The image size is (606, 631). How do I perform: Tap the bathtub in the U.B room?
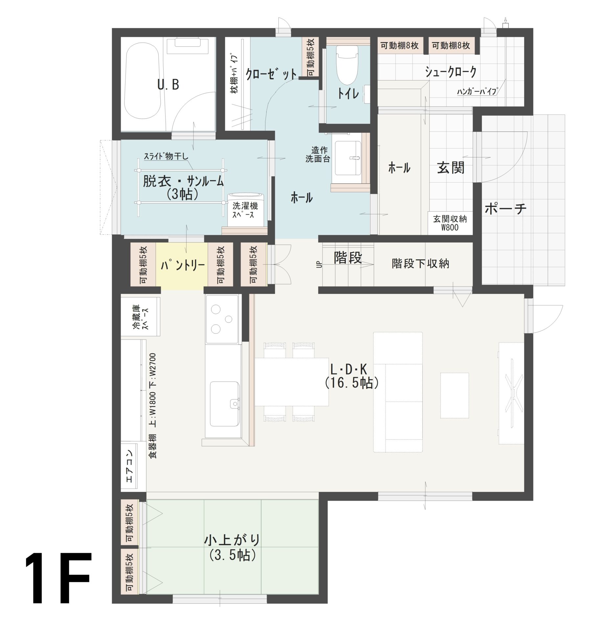click(x=143, y=83)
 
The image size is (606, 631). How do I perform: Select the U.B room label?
click(x=168, y=85)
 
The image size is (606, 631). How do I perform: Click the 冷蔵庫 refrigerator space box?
click(x=140, y=316)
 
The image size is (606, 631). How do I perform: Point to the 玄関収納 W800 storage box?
click(x=450, y=223)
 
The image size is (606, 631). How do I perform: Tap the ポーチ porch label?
click(x=505, y=208)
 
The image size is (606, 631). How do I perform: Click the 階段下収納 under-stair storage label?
click(x=420, y=264)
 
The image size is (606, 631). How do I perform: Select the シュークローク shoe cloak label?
click(x=451, y=71)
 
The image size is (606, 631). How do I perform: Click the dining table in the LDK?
click(x=292, y=382)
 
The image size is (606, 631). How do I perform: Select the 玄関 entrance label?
click(x=451, y=168)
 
